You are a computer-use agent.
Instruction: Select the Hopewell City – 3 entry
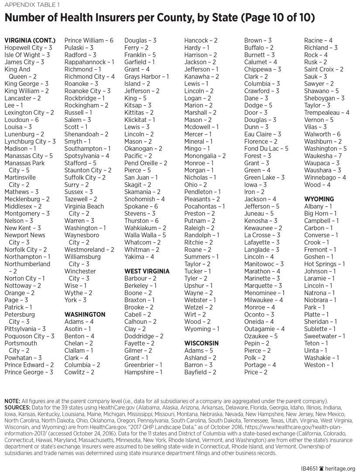28,48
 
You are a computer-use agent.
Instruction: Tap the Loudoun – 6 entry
22,120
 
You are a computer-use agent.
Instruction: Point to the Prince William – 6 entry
89,41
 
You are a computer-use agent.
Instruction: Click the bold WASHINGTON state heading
85,314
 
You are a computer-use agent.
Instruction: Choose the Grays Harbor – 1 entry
146,77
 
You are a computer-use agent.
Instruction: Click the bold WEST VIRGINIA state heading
147,271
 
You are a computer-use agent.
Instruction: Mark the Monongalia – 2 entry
205,156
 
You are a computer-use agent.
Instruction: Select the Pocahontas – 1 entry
204,206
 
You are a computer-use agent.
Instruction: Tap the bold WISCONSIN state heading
201,343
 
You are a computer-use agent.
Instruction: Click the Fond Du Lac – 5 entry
266,149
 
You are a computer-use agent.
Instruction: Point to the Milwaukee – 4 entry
264,300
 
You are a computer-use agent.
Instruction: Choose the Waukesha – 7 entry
323,156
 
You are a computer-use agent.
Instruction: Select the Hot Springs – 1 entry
324,264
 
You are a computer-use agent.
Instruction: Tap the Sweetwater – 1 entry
324,336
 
